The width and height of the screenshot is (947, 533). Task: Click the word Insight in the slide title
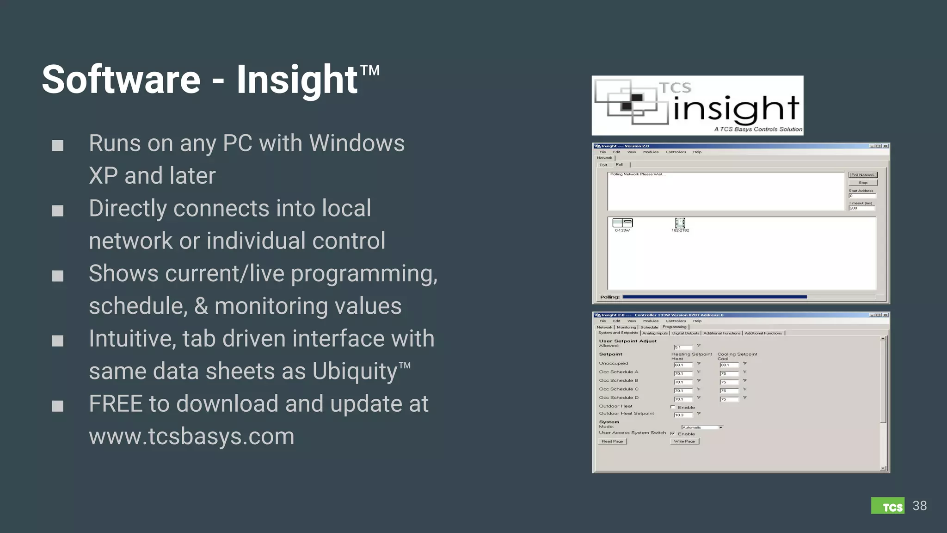click(x=296, y=80)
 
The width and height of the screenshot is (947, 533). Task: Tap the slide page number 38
click(x=919, y=506)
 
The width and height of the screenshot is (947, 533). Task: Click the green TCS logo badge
click(x=888, y=506)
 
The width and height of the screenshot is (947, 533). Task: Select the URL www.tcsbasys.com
click(x=191, y=436)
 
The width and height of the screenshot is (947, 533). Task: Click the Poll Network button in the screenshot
click(x=863, y=175)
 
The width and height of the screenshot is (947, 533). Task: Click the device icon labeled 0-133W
click(x=622, y=223)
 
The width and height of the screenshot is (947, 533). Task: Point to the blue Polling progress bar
click(x=714, y=297)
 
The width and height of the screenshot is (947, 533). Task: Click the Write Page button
click(x=684, y=441)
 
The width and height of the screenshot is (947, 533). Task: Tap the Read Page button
click(x=612, y=441)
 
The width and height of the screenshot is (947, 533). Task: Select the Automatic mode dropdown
click(x=701, y=428)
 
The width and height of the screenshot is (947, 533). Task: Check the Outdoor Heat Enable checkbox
click(x=673, y=407)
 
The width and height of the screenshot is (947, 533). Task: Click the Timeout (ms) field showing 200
click(x=861, y=208)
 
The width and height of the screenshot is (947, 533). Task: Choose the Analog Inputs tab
click(x=655, y=333)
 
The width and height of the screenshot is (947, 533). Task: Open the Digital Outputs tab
click(x=685, y=333)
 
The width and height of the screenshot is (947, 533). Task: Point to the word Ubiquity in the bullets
click(x=355, y=371)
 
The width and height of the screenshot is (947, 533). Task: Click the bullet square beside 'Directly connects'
click(x=58, y=211)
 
